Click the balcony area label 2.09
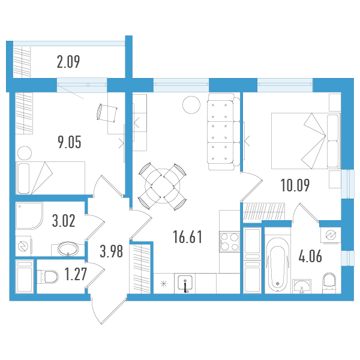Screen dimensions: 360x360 coord(68,62)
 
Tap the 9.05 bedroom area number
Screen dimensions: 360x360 coord(70,142)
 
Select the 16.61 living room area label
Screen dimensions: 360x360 coord(188,237)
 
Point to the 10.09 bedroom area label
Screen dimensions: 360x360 coord(295,185)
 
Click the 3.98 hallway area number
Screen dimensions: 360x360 coord(112,251)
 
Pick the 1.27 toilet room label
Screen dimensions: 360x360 coord(76,274)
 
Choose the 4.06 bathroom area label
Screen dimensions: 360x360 coord(310,256)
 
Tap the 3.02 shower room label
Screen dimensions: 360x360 coord(64,221)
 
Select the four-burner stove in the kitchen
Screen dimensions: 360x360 coord(230,242)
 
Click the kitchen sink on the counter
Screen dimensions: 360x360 coord(185,283)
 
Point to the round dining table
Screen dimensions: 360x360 coord(163,186)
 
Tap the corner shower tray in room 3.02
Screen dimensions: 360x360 coord(29,215)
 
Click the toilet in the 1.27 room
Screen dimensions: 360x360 coord(48,277)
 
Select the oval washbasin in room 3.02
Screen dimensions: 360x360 coord(68,248)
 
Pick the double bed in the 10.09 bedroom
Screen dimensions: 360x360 coord(305,141)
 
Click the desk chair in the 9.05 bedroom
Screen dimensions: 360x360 coord(107,113)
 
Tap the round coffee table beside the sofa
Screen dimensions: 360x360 coord(191,104)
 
